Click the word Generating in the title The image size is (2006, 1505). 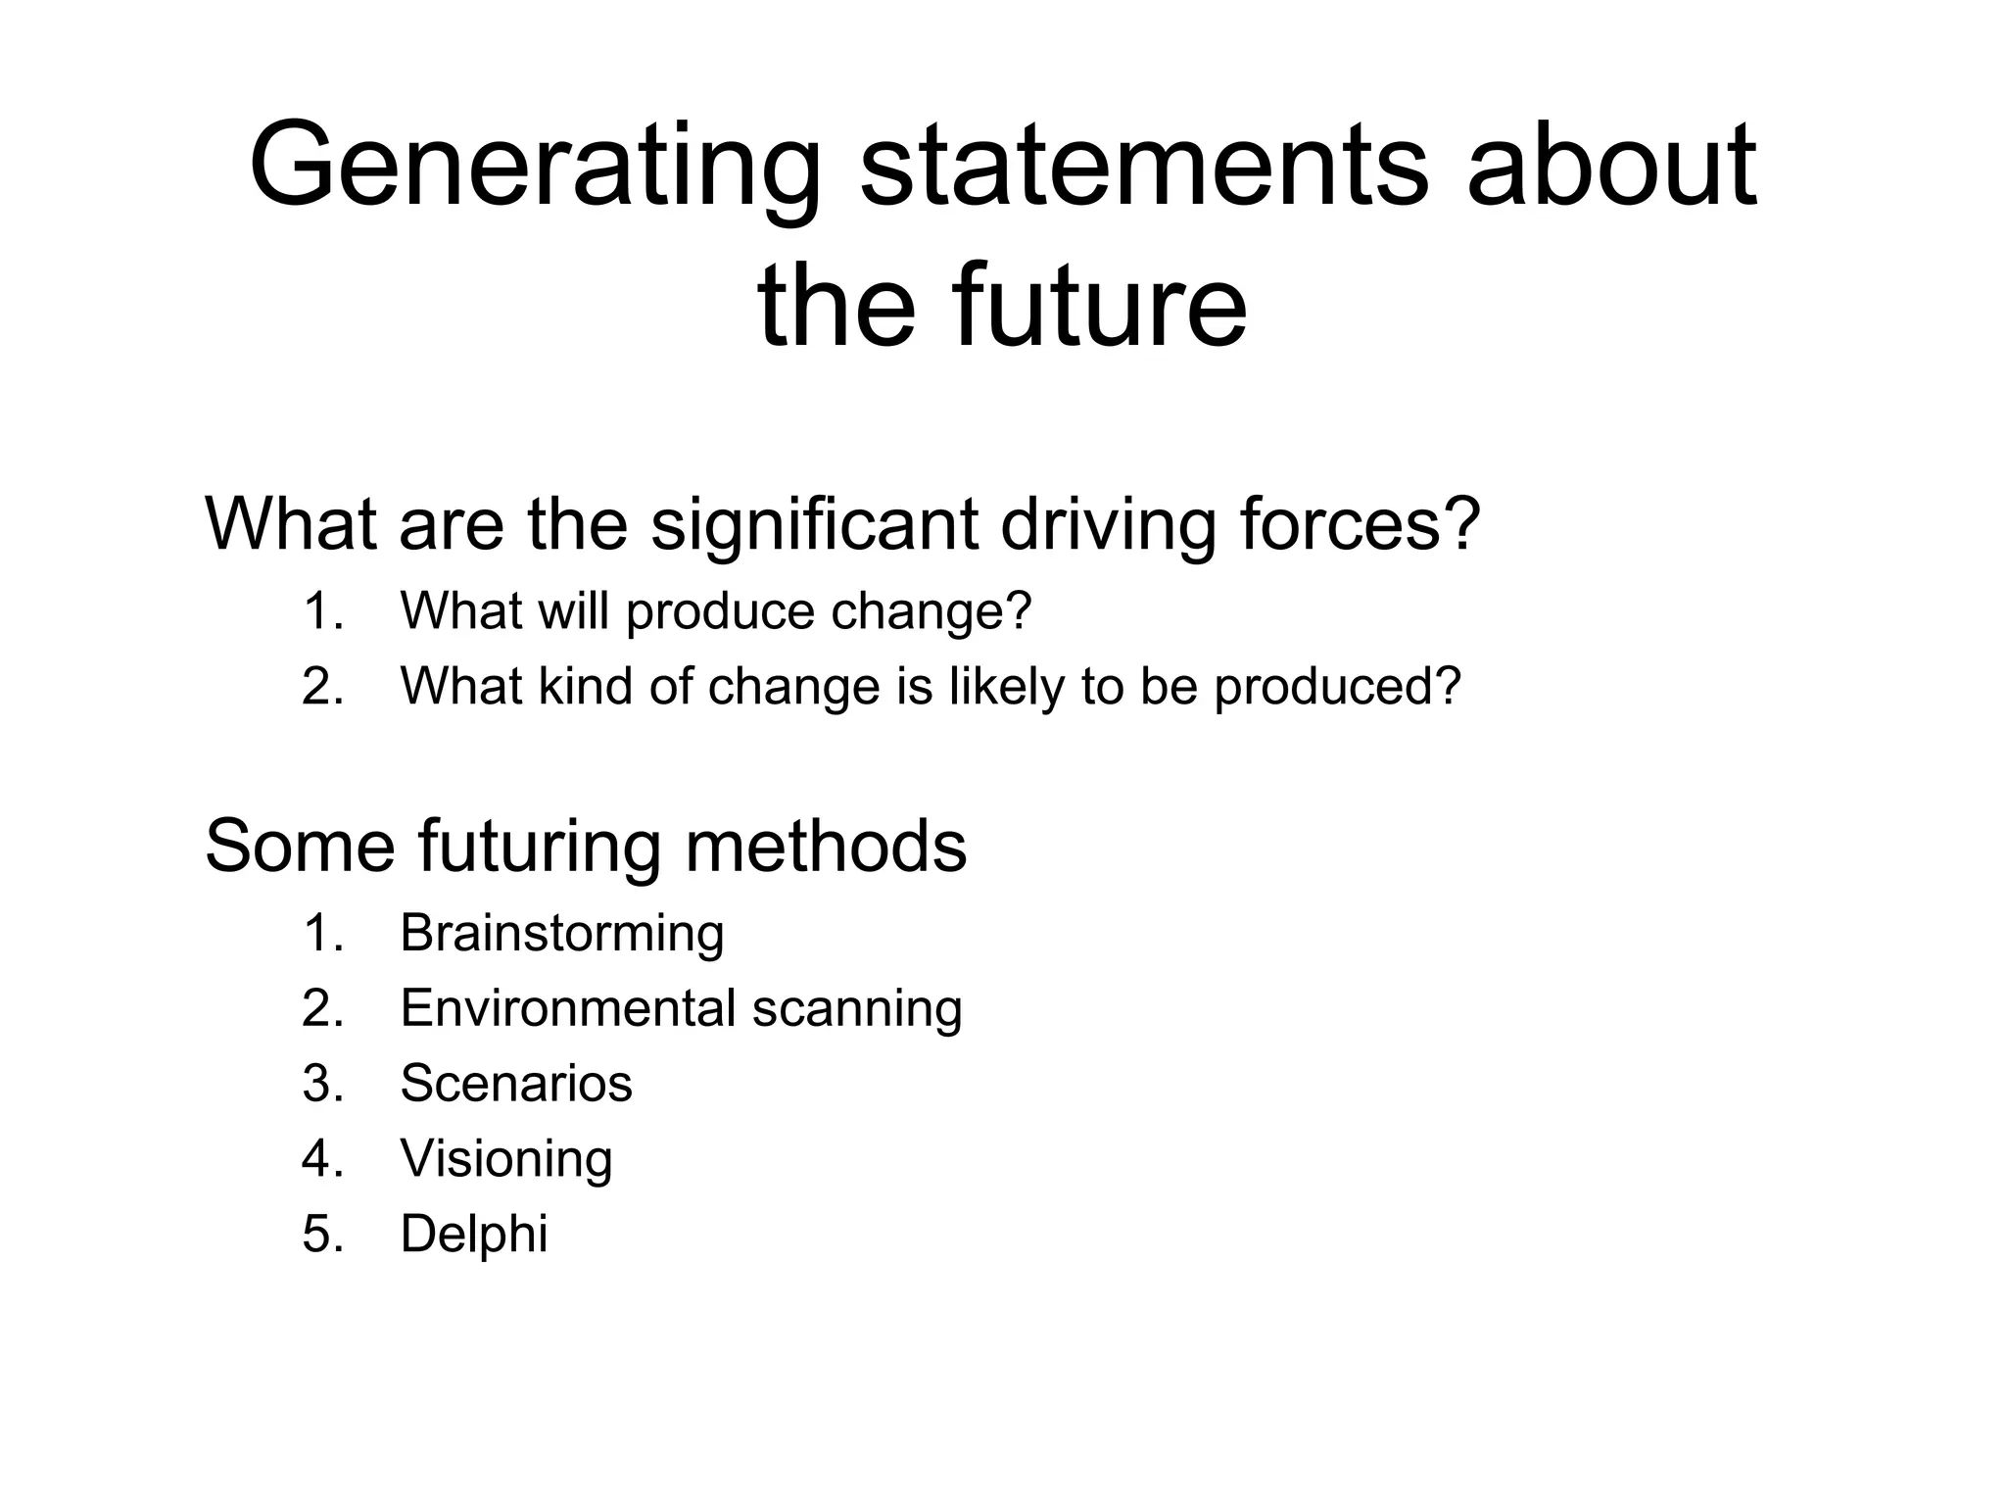tap(535, 167)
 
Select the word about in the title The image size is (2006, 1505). tap(1611, 167)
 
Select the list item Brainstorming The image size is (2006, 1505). tap(562, 933)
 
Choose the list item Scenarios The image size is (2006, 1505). tap(516, 1084)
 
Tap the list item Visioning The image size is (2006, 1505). tap(506, 1159)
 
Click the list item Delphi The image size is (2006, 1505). tap(474, 1234)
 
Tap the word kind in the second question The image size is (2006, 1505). tap(584, 686)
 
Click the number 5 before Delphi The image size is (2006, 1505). tap(321, 1235)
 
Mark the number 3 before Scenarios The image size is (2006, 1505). tap(321, 1085)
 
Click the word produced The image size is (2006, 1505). tap(1338, 686)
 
